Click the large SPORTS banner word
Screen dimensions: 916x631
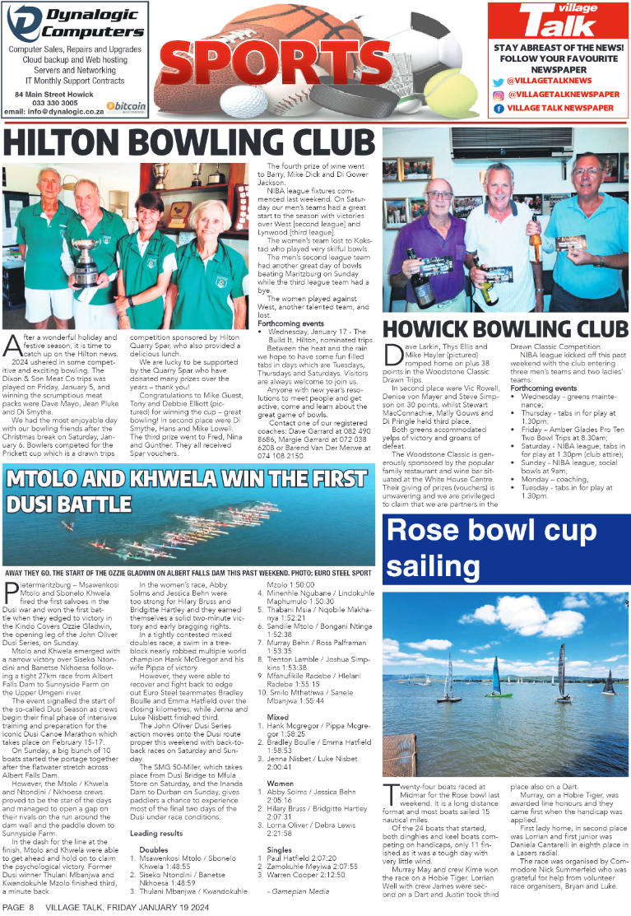click(317, 62)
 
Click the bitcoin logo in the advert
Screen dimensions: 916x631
click(127, 106)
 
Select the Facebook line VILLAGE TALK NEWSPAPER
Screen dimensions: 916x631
click(560, 108)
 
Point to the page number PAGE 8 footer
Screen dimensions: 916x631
click(18, 906)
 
